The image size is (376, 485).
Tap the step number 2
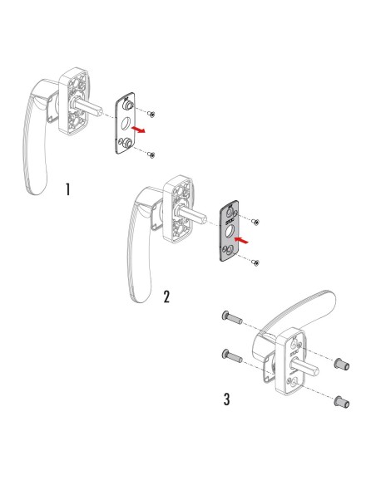[167, 296]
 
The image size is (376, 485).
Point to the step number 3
[227, 399]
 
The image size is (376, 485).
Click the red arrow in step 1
[144, 131]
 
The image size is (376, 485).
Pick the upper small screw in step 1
[153, 112]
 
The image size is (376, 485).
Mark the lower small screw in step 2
[255, 262]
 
